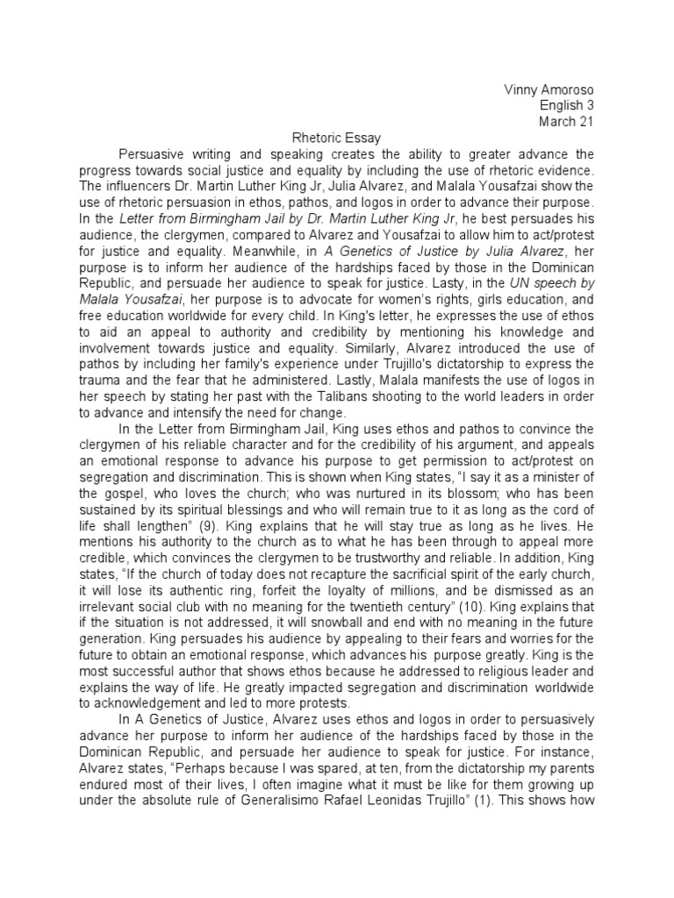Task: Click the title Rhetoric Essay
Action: [336, 138]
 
